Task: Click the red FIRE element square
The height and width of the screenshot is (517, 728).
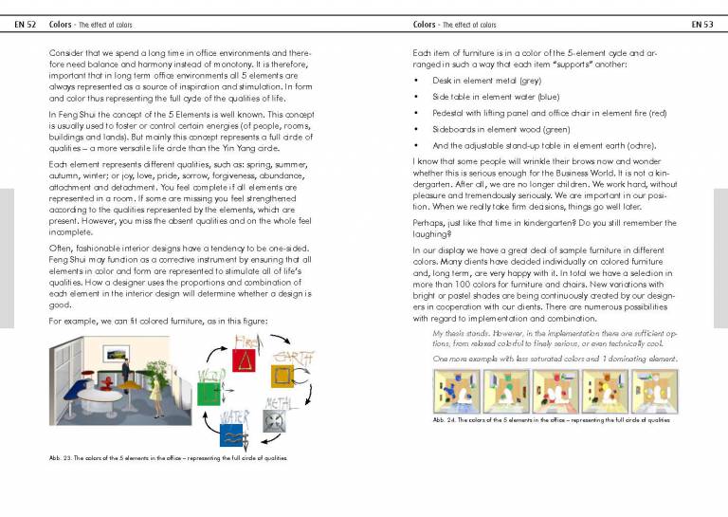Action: pos(246,360)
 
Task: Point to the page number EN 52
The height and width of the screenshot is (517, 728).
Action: pos(26,24)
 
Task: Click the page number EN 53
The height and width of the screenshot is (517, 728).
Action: pos(702,24)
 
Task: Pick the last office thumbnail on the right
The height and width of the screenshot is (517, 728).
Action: pos(654,391)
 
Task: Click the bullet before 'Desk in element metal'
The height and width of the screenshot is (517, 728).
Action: pos(417,81)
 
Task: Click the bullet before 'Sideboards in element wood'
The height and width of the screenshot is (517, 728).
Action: pos(417,129)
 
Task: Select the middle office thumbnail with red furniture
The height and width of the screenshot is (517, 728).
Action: pos(554,391)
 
